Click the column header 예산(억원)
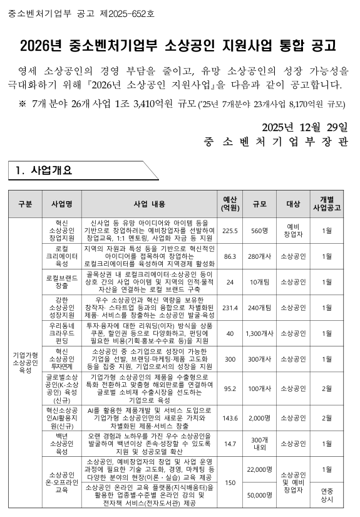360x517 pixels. click(230, 204)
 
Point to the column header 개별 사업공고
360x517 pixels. click(326, 204)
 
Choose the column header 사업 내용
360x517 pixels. click(149, 204)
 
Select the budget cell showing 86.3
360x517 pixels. click(230, 256)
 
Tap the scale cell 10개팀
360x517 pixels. click(259, 282)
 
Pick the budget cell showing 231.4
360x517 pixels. click(230, 308)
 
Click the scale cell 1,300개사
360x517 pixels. click(259, 333)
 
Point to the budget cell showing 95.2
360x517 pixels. click(230, 389)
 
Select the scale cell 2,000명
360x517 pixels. click(259, 418)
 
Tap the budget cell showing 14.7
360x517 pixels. click(230, 443)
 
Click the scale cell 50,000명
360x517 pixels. click(259, 495)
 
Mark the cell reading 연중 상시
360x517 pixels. click(326, 495)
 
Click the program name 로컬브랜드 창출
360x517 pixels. click(62, 282)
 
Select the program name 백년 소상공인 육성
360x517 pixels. click(62, 443)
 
